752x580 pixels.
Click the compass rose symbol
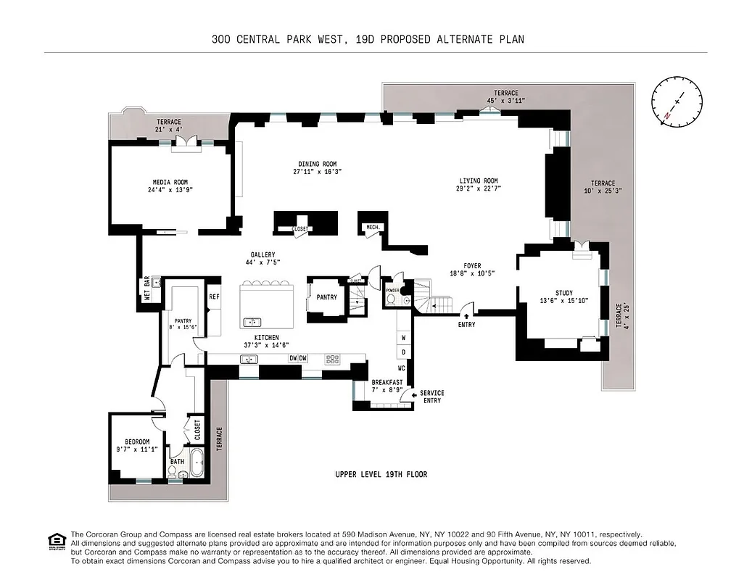[677, 103]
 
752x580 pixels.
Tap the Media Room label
[170, 182]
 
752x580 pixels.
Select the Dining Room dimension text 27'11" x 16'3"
[317, 173]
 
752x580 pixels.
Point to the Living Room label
[479, 181]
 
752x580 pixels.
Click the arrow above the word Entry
[466, 315]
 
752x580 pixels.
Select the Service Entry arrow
[413, 395]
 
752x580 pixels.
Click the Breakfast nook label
[387, 382]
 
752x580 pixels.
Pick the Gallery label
[263, 254]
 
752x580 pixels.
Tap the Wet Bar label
[146, 289]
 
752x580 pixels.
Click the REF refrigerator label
[214, 297]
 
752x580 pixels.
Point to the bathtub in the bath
[195, 461]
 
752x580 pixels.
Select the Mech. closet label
[373, 228]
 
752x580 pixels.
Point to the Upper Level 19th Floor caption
[381, 475]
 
